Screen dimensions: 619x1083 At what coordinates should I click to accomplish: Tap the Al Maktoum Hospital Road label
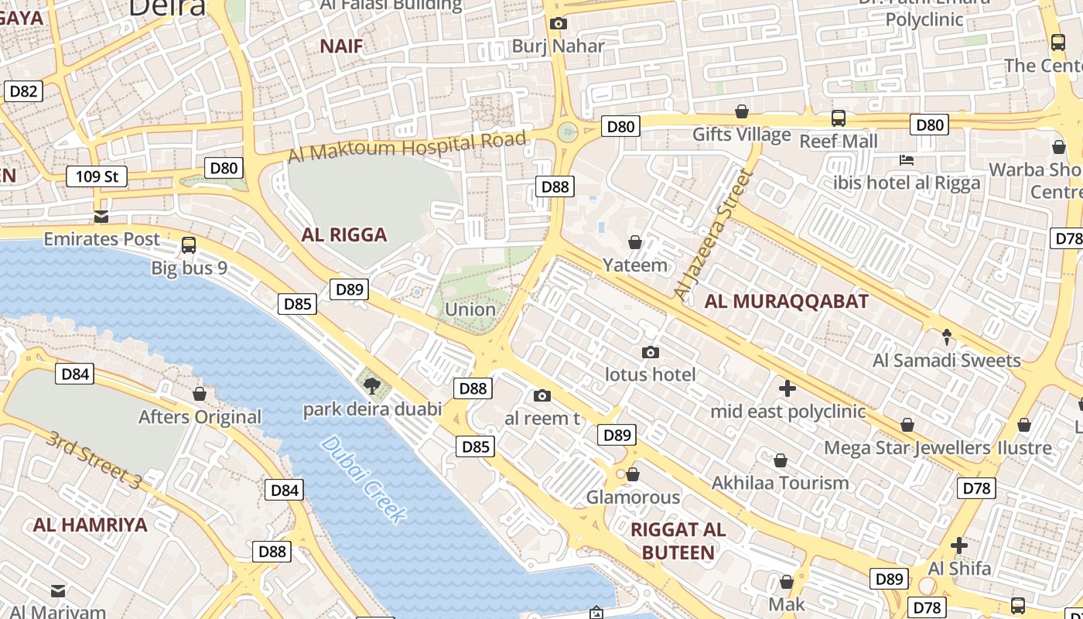click(x=407, y=146)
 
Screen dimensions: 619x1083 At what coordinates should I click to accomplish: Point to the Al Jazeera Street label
click(x=712, y=234)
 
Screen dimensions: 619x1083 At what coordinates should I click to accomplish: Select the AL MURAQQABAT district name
click(x=787, y=302)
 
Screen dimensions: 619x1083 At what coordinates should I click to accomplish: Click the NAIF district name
click(x=341, y=46)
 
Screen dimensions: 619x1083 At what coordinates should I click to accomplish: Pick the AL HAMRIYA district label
click(x=90, y=525)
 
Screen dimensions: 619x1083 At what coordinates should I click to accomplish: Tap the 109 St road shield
click(x=97, y=176)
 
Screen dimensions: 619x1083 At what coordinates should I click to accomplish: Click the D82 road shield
click(x=23, y=91)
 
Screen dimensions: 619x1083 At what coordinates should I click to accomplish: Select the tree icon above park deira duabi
click(x=371, y=385)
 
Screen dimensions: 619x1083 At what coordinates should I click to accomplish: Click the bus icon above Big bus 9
click(x=188, y=245)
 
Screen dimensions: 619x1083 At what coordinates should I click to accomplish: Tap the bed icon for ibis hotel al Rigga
click(x=907, y=160)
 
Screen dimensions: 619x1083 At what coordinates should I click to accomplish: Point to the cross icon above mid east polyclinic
click(x=787, y=388)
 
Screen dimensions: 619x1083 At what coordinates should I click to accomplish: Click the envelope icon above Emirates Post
click(x=101, y=217)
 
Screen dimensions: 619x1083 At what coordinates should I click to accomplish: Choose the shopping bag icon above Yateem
click(x=635, y=242)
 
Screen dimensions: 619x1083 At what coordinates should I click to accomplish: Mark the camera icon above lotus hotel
click(x=651, y=352)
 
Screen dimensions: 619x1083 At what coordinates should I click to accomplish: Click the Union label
click(x=470, y=309)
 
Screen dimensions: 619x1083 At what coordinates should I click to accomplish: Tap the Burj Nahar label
click(x=558, y=46)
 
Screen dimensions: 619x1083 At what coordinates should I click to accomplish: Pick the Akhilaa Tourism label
click(x=780, y=484)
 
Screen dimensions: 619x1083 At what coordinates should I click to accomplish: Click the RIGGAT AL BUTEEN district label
click(x=678, y=541)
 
